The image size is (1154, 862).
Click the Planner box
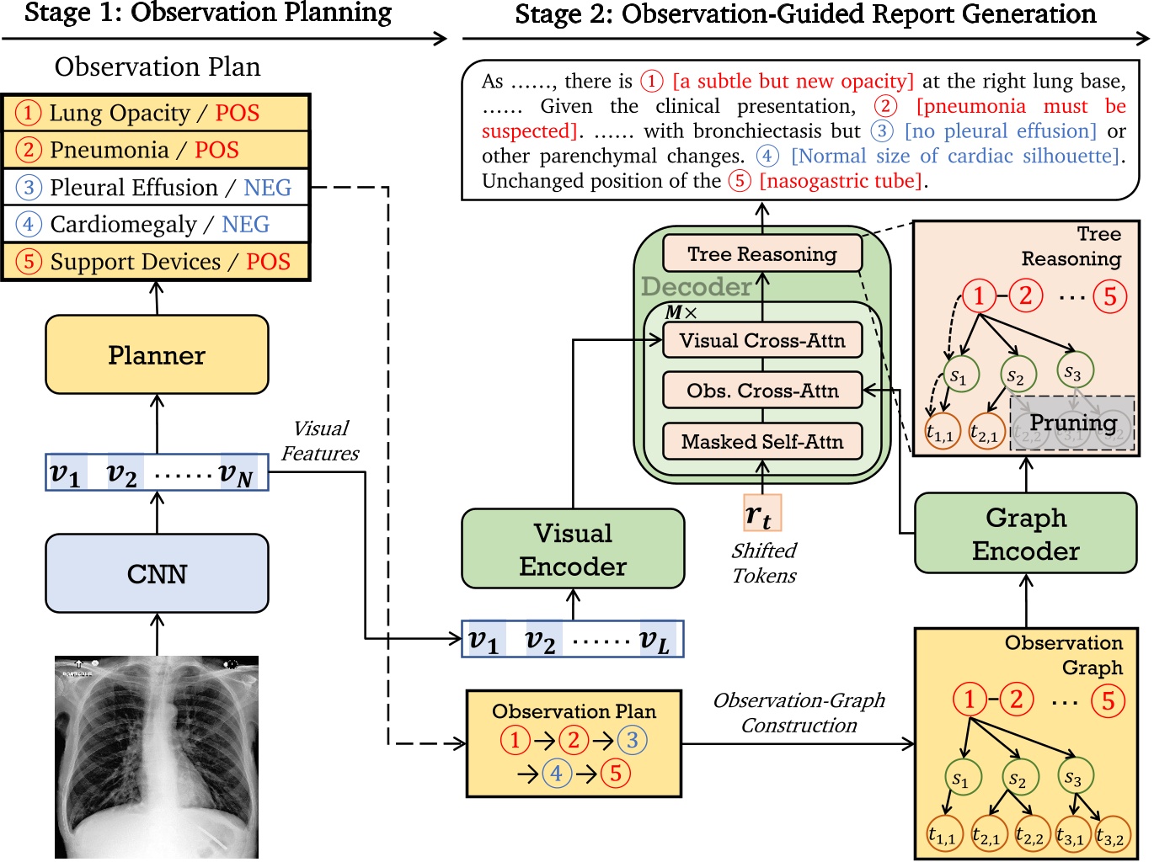coord(157,354)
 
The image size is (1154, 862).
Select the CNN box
coord(157,573)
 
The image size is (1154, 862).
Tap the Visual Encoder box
coord(573,549)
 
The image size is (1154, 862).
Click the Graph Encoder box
coord(1025,534)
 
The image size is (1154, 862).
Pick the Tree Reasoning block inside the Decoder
coord(761,253)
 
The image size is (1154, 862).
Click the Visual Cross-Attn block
coord(761,340)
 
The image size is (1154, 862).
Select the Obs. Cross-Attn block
coord(761,391)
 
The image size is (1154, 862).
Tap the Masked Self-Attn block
coord(761,441)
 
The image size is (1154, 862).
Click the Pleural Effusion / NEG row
coord(157,187)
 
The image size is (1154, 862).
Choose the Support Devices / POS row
coord(157,261)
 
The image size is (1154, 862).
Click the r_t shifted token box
coord(762,513)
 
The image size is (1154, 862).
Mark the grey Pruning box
coord(1072,423)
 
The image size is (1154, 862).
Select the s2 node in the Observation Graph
coord(1018,778)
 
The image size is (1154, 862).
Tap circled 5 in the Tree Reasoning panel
coord(1109,295)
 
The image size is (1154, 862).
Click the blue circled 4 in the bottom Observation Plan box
coord(556,772)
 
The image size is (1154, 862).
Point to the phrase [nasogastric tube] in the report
coord(840,181)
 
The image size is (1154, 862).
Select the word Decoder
coord(696,286)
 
